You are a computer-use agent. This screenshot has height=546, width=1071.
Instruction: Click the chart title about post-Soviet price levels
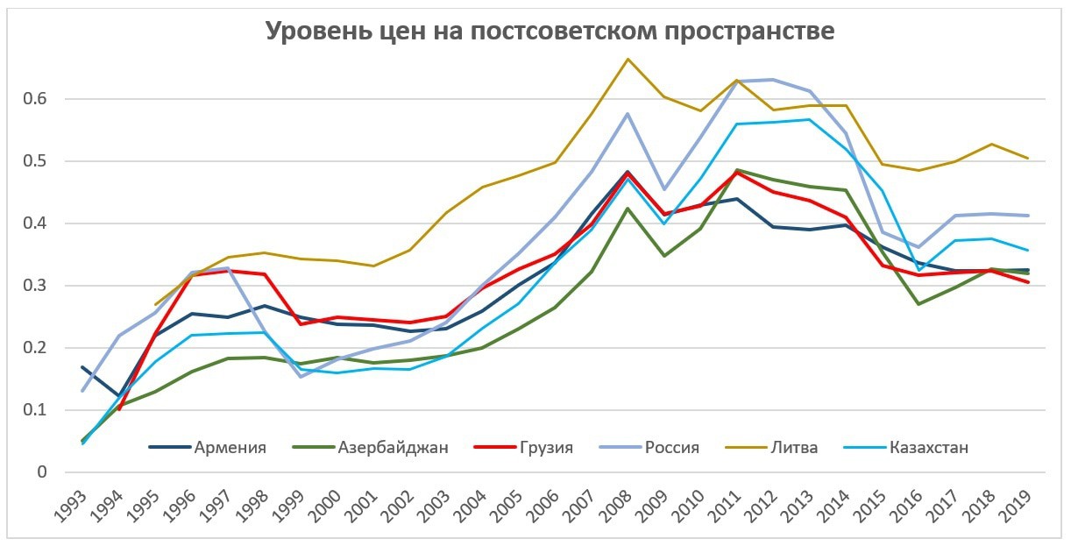[550, 32]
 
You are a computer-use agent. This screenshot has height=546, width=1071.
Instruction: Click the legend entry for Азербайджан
[393, 448]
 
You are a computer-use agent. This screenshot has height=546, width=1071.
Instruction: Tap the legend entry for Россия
[672, 448]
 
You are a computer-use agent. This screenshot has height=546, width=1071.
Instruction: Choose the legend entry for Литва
[795, 448]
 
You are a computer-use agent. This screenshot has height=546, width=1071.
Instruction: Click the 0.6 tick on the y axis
[34, 99]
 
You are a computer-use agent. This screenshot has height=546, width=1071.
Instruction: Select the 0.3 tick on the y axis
[34, 286]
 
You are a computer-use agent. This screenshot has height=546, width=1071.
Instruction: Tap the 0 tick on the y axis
[41, 472]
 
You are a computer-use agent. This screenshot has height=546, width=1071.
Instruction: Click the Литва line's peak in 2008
[628, 59]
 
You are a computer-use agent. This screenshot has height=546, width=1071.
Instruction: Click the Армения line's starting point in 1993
[82, 367]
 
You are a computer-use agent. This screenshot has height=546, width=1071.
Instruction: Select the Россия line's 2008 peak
[628, 114]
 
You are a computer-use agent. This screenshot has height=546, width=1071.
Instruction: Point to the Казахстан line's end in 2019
[1028, 250]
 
